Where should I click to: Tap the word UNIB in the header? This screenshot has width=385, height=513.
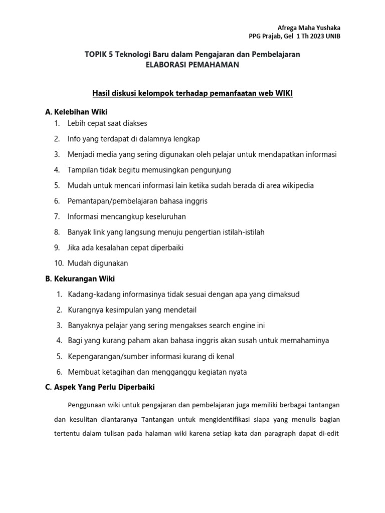pos(333,36)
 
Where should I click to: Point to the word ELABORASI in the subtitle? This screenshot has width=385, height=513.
pos(165,65)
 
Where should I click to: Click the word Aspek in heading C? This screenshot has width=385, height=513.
pos(65,387)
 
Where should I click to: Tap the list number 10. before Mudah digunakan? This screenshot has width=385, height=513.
pos(59,263)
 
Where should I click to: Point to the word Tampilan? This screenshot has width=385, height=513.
pos(83,170)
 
